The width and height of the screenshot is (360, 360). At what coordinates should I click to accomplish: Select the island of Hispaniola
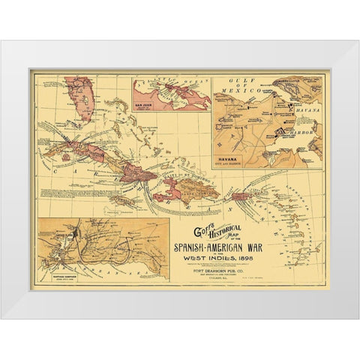click(x=192, y=190)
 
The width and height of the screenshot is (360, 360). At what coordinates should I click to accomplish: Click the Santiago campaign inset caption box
click(x=57, y=274)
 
